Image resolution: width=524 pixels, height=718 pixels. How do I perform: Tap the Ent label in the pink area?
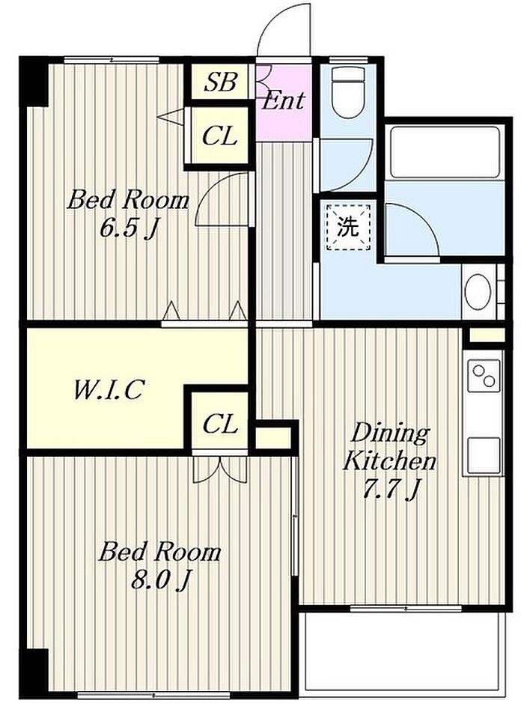(x=284, y=100)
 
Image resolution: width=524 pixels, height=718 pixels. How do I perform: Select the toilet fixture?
(x=347, y=93)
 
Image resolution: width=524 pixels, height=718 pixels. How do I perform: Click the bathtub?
(x=445, y=152)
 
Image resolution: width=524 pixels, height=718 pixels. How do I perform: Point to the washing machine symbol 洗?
(x=348, y=227)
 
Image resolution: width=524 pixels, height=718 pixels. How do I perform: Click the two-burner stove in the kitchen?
(x=484, y=376)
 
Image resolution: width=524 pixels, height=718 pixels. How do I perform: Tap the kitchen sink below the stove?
(x=484, y=455)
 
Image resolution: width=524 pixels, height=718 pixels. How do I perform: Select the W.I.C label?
(x=109, y=390)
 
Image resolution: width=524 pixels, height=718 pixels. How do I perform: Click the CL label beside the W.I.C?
(x=220, y=424)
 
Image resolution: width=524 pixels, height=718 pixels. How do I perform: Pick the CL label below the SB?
(x=220, y=136)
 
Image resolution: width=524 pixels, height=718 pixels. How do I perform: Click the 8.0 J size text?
(x=160, y=579)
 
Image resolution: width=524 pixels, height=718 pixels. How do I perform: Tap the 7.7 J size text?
(x=390, y=489)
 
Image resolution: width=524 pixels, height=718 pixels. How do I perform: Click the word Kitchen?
(x=389, y=460)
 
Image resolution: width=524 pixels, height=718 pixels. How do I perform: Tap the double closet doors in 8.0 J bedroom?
(x=220, y=469)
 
